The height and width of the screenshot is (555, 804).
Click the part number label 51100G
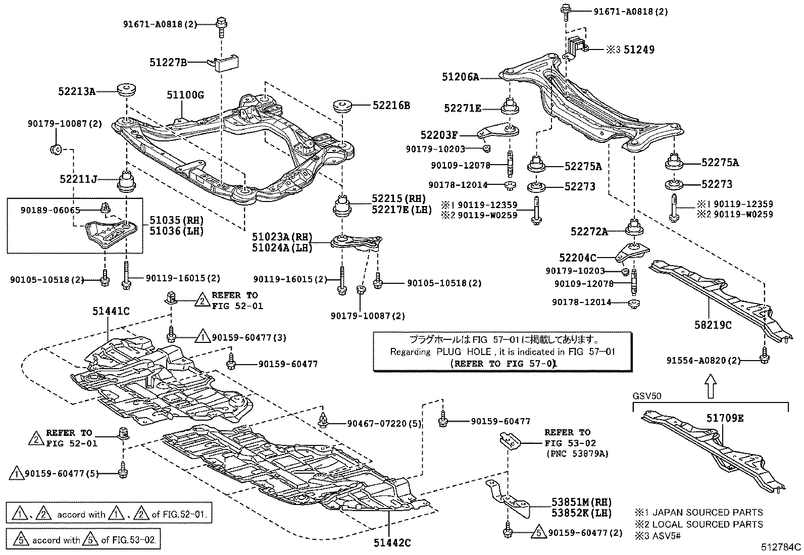click(x=185, y=94)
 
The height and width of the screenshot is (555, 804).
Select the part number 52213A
click(x=76, y=91)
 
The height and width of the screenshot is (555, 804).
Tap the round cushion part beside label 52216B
click(x=342, y=107)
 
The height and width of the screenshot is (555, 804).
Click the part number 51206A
click(x=460, y=77)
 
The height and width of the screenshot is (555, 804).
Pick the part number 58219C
click(x=713, y=325)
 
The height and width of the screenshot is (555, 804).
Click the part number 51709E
click(x=725, y=418)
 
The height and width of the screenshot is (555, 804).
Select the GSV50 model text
click(x=646, y=396)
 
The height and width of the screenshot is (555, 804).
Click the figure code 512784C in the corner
click(x=782, y=547)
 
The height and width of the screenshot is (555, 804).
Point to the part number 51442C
click(x=392, y=543)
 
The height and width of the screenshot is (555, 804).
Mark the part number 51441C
click(x=111, y=312)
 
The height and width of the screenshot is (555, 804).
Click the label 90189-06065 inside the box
click(x=50, y=210)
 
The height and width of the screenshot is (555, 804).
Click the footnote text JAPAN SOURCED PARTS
click(x=708, y=513)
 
